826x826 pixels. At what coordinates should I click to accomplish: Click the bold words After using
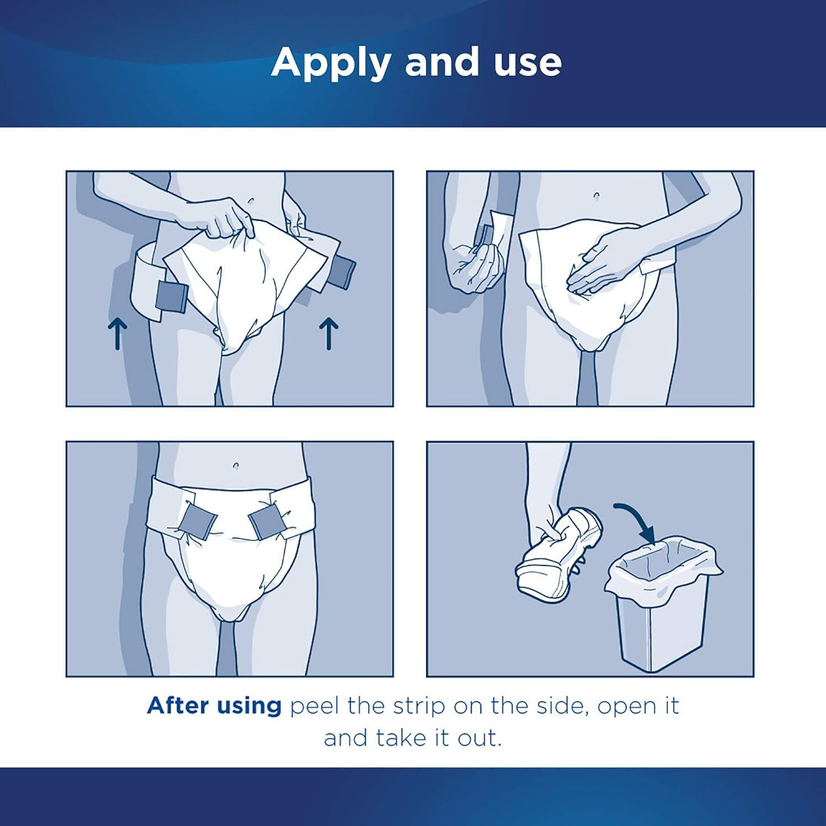pyautogui.click(x=214, y=705)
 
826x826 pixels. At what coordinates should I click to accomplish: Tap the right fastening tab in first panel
pyautogui.click(x=340, y=272)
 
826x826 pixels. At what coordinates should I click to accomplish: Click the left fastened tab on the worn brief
pyautogui.click(x=197, y=521)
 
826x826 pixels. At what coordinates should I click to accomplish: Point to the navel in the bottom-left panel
pyautogui.click(x=236, y=465)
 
